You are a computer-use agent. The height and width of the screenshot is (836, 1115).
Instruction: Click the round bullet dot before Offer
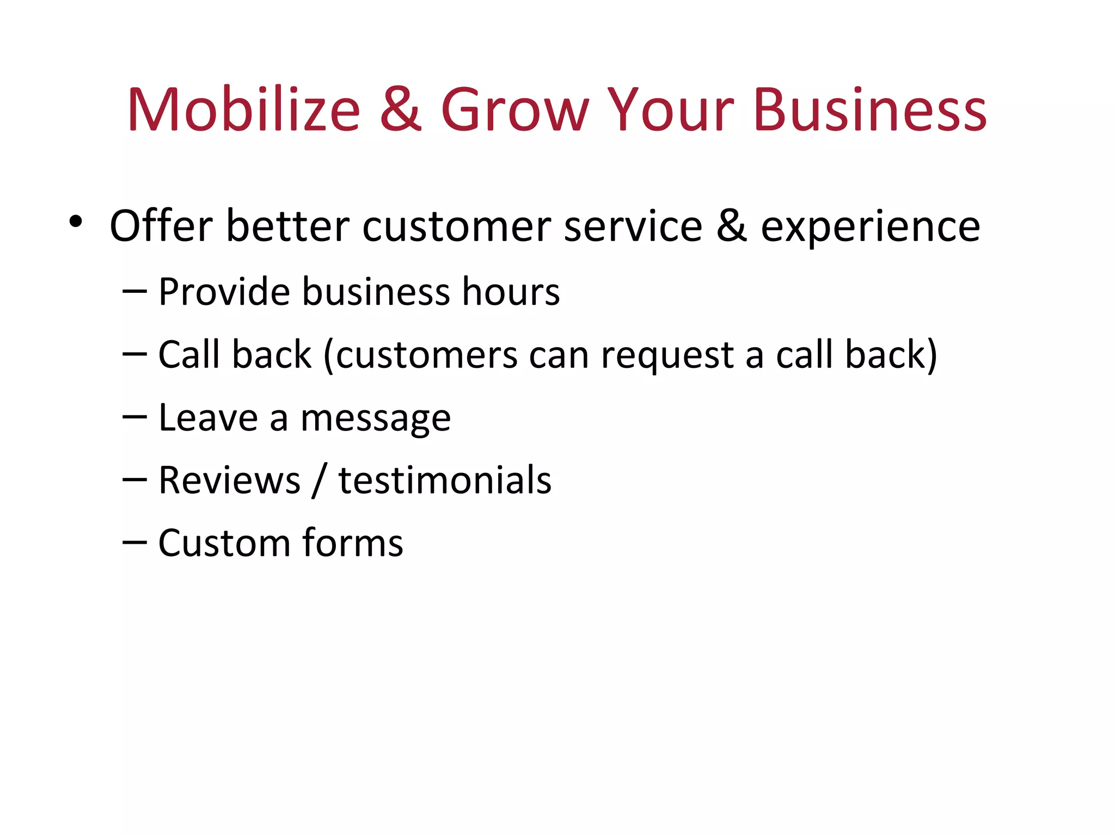[76, 222]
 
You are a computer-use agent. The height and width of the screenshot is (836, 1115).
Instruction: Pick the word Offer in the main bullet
[161, 226]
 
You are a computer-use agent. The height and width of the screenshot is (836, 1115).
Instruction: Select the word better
[287, 226]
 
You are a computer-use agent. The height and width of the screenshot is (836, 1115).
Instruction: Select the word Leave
[208, 418]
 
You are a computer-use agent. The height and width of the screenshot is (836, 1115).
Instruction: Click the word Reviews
[229, 481]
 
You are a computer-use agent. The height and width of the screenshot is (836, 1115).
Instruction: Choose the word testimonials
[445, 481]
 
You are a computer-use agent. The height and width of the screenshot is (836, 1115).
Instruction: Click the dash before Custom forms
[134, 542]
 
